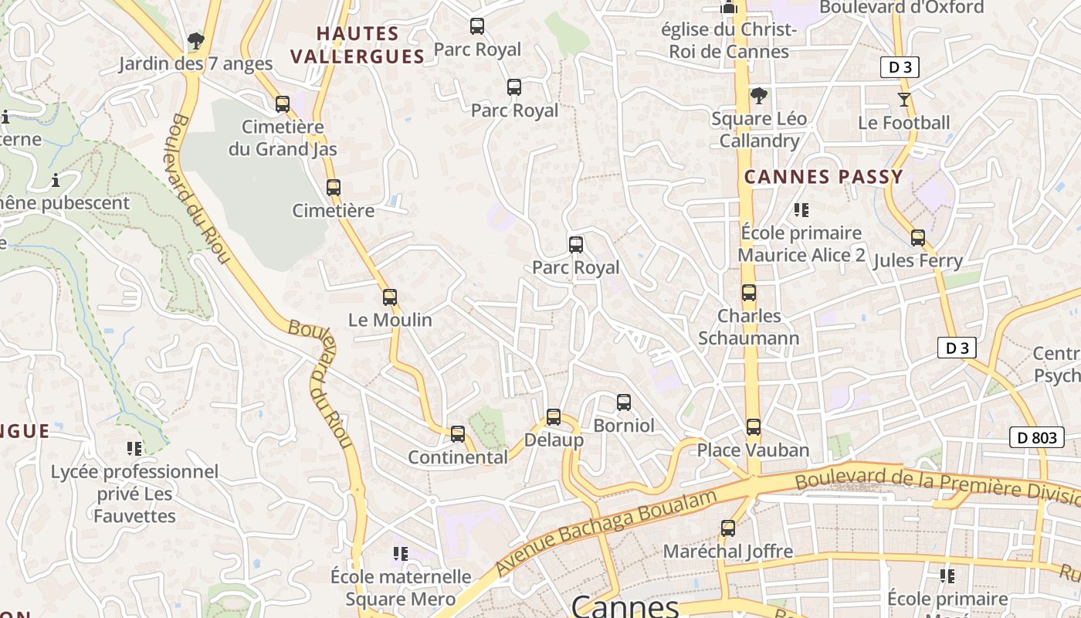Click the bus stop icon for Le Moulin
tap(390, 297)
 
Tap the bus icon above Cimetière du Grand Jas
tap(283, 104)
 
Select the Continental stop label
tap(458, 457)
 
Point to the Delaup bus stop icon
tap(554, 417)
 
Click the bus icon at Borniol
tap(624, 402)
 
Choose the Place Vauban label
tap(753, 450)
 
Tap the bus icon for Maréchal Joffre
tap(728, 528)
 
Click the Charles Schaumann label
tap(749, 327)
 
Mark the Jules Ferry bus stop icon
tap(918, 238)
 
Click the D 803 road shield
tap(1037, 438)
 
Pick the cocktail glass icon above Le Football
tap(904, 100)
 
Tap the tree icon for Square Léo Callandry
tap(759, 96)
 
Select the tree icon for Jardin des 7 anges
tap(196, 40)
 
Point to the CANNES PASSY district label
tap(823, 177)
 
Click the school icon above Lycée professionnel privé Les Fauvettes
tap(134, 449)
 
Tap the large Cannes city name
tap(625, 606)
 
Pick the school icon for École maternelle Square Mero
tap(400, 554)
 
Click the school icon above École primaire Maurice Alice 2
tap(801, 210)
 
